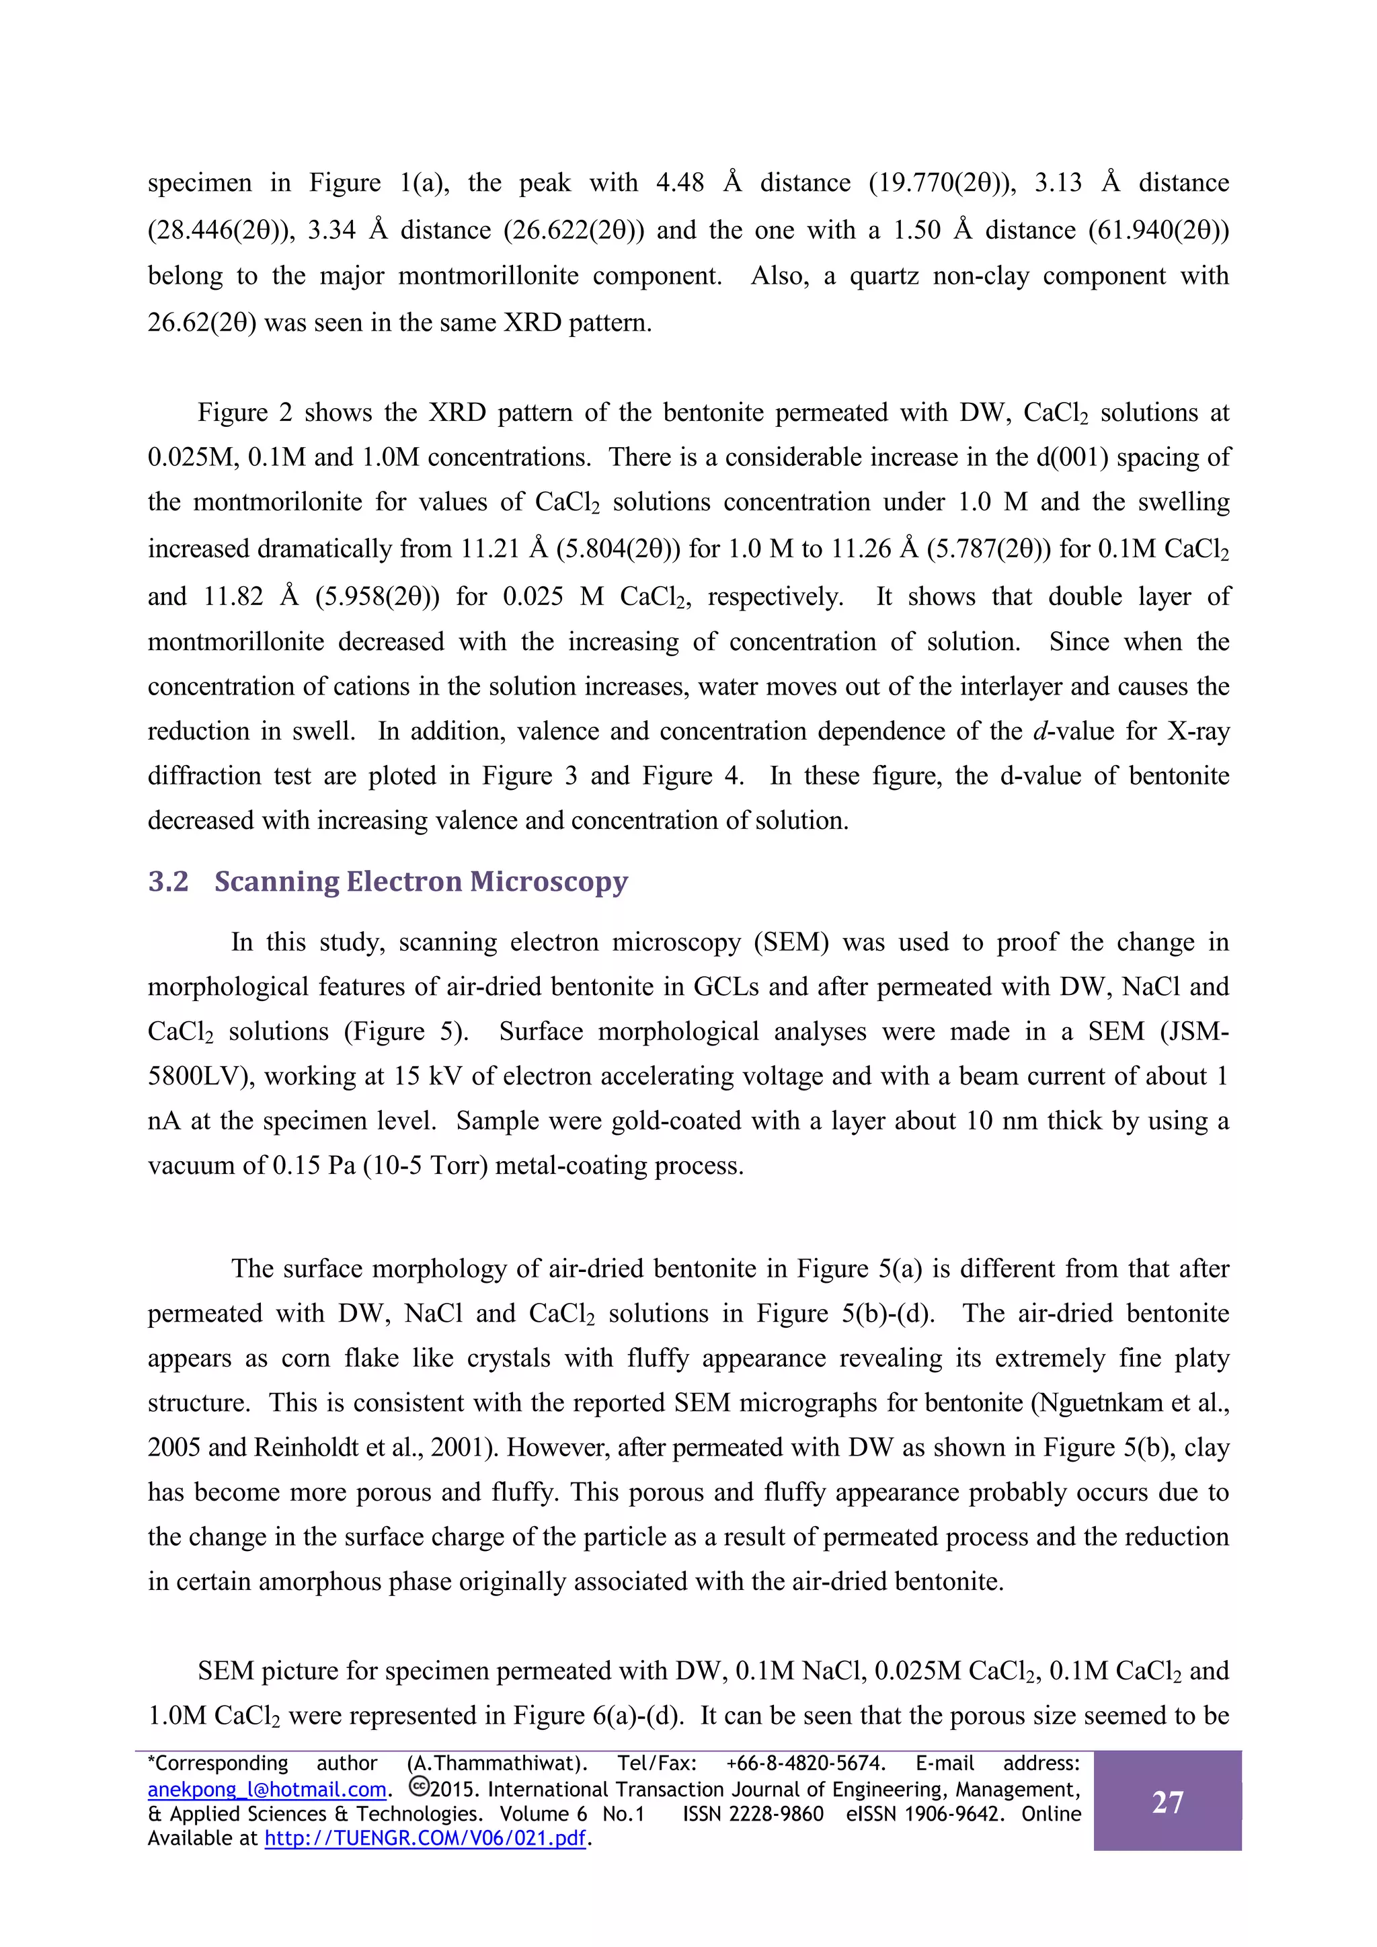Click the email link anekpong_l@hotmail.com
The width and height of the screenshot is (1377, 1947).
pos(267,1789)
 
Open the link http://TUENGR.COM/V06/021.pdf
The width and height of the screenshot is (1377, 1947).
pos(426,1839)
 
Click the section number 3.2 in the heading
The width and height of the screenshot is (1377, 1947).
pos(168,882)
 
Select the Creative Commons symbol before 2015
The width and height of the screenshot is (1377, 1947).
pos(418,1788)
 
